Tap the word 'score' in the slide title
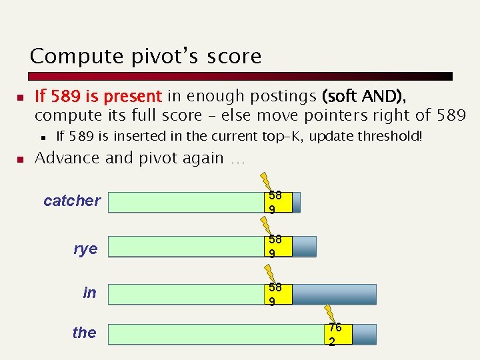[x=235, y=57]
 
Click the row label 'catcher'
[x=72, y=201]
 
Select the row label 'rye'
[x=85, y=249]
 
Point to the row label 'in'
[x=89, y=292]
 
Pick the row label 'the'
[x=84, y=333]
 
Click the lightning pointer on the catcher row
[x=266, y=181]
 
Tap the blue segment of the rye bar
[x=304, y=247]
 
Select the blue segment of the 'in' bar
[x=334, y=295]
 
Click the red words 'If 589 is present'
[x=98, y=97]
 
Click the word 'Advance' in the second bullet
[x=62, y=159]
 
